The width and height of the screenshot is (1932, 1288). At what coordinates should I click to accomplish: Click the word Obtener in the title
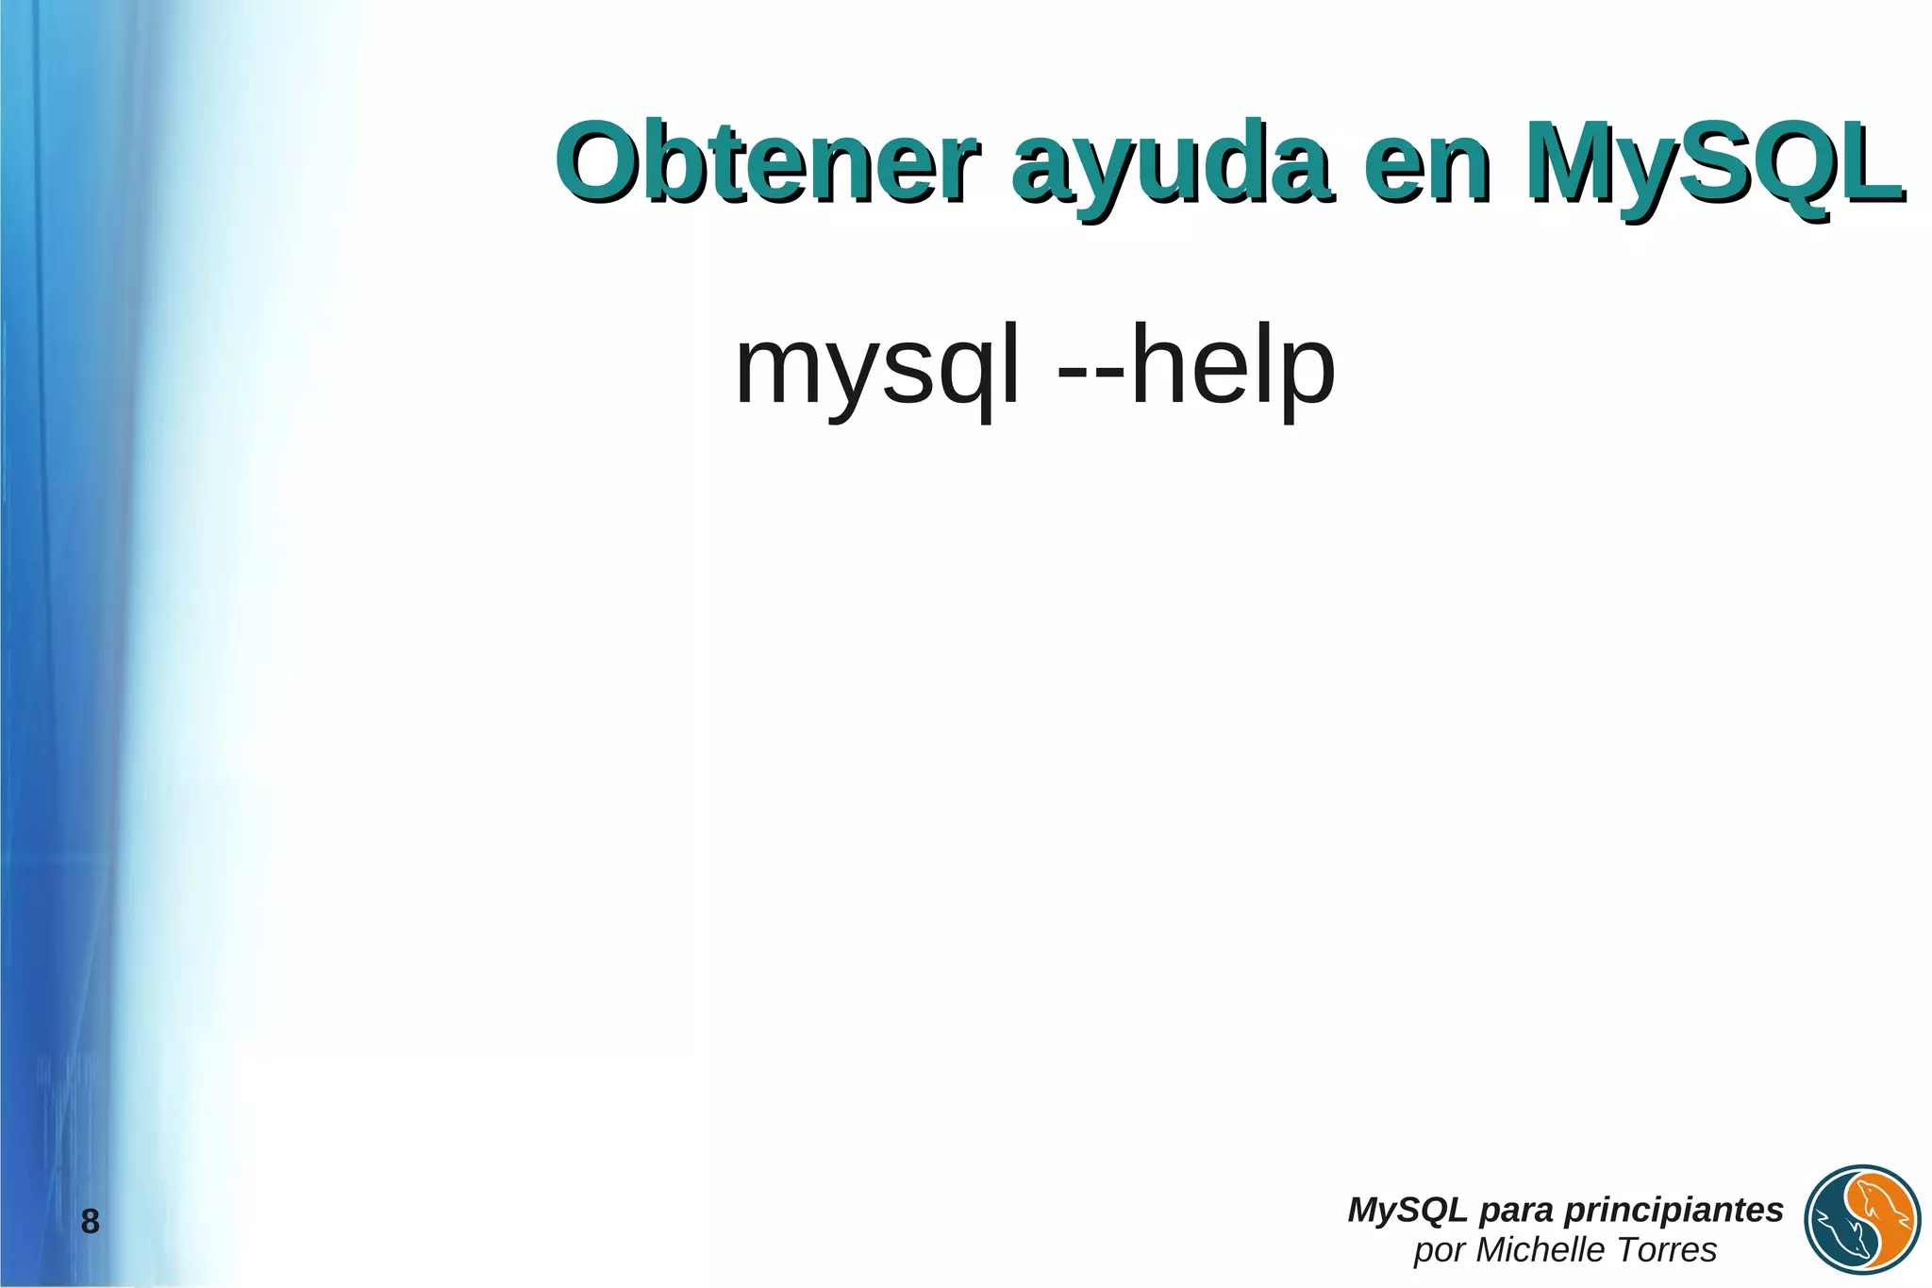pos(766,162)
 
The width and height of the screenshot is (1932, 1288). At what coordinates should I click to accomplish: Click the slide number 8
pos(90,1222)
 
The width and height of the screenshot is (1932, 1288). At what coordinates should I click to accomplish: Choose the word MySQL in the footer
pos(1407,1209)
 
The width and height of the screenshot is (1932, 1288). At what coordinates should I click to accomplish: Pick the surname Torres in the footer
pos(1669,1249)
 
